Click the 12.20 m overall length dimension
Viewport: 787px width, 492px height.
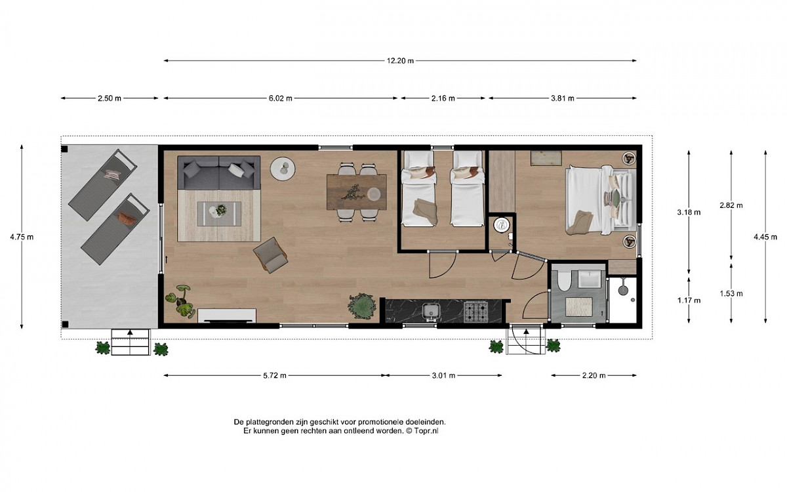click(400, 61)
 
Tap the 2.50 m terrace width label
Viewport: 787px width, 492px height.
click(110, 98)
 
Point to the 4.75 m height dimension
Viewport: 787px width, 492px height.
click(22, 237)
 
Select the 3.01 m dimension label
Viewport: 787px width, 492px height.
click(443, 375)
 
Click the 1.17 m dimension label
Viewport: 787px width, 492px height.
click(689, 300)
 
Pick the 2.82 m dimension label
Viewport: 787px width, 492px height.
click(731, 205)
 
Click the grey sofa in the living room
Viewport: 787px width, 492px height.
click(219, 173)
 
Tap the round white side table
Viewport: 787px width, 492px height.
click(283, 169)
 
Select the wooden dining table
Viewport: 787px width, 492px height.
click(357, 192)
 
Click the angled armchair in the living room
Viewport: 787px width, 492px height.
click(270, 255)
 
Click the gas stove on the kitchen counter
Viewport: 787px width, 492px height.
click(476, 312)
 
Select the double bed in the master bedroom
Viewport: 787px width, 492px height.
click(601, 200)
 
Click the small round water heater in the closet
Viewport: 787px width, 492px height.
click(501, 224)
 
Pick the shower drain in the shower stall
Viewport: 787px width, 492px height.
click(633, 300)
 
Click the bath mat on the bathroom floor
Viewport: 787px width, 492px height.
click(578, 306)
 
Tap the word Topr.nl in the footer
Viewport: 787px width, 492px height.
click(426, 431)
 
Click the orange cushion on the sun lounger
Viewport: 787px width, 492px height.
click(127, 218)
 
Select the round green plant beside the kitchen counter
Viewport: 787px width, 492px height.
click(362, 306)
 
